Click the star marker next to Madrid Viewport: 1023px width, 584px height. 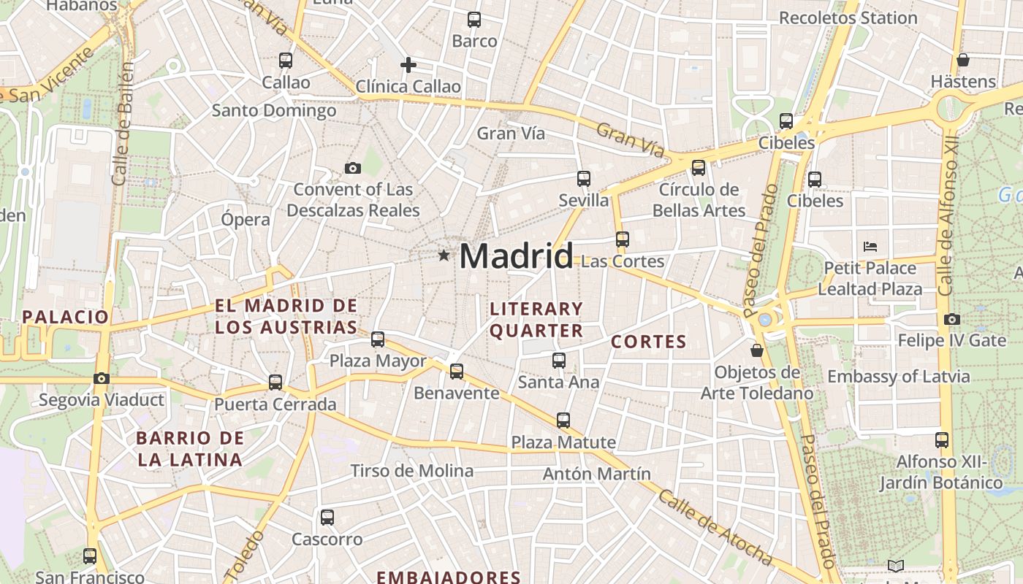pos(444,255)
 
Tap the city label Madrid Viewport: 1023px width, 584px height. pos(516,256)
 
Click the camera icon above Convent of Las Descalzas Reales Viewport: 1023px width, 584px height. pos(353,169)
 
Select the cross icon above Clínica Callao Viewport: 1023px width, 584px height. pos(408,65)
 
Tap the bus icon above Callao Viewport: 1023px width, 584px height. pos(286,61)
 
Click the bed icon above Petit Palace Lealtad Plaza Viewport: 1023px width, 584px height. pos(870,246)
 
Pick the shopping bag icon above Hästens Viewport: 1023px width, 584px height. pos(963,60)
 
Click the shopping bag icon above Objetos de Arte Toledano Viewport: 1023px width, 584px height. pos(757,350)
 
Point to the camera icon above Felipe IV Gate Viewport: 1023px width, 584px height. pos(951,319)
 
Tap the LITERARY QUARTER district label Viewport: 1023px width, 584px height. pos(536,320)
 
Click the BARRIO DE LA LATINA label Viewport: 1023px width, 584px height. pos(190,449)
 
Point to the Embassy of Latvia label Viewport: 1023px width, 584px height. pos(898,377)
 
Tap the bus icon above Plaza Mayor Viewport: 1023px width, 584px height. pos(378,339)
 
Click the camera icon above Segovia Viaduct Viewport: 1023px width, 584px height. pos(102,378)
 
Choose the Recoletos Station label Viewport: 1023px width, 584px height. pos(848,18)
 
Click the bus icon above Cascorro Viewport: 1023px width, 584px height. pos(327,518)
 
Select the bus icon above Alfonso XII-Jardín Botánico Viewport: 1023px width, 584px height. pos(942,440)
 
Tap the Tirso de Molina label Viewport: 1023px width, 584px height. pos(412,471)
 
